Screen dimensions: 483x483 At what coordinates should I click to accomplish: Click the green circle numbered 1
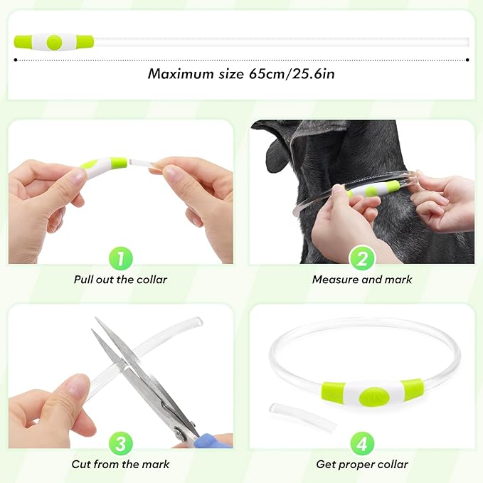[x=120, y=259]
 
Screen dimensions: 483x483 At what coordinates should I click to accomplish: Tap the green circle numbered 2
[x=362, y=259]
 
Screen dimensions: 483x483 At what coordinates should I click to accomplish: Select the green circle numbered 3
[x=120, y=444]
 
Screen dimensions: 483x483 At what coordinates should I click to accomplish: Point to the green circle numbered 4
[x=362, y=444]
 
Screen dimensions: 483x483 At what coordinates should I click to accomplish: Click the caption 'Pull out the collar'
[x=120, y=280]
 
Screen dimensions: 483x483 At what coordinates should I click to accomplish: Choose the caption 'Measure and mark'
[x=362, y=280]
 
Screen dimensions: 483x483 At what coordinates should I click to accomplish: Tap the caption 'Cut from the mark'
[x=120, y=465]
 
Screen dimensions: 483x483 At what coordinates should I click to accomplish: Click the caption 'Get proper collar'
[x=362, y=465]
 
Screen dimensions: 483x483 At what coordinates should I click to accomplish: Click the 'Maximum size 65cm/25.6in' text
[x=241, y=73]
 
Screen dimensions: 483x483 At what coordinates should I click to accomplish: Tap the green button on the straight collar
[x=53, y=42]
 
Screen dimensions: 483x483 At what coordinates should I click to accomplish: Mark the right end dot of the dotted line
[x=467, y=60]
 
